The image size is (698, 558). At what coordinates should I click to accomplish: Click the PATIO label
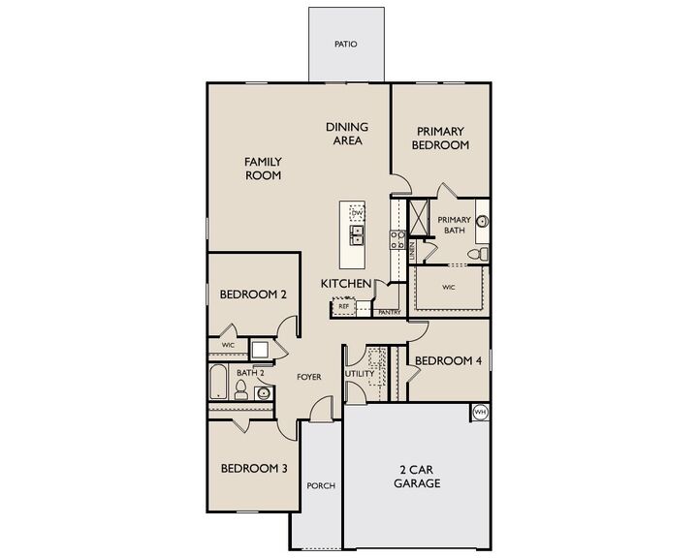click(345, 45)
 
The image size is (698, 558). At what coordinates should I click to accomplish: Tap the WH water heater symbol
click(479, 413)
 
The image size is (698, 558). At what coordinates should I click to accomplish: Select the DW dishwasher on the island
click(357, 213)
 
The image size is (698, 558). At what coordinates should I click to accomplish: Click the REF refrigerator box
click(343, 306)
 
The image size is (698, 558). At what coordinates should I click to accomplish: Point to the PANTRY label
click(390, 313)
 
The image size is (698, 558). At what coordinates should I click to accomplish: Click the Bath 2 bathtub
click(218, 382)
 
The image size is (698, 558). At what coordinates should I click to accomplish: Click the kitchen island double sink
click(357, 233)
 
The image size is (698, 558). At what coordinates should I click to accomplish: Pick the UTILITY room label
click(359, 374)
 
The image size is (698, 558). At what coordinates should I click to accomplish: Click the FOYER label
click(309, 376)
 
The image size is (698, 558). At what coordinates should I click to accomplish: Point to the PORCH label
click(320, 486)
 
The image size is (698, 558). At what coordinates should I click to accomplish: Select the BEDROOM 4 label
click(448, 361)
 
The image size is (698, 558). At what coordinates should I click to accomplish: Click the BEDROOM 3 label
click(253, 469)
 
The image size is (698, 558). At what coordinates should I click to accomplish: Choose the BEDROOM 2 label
click(252, 295)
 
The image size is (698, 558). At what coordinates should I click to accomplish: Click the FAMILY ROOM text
click(262, 169)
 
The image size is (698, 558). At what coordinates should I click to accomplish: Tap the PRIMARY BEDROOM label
click(441, 138)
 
